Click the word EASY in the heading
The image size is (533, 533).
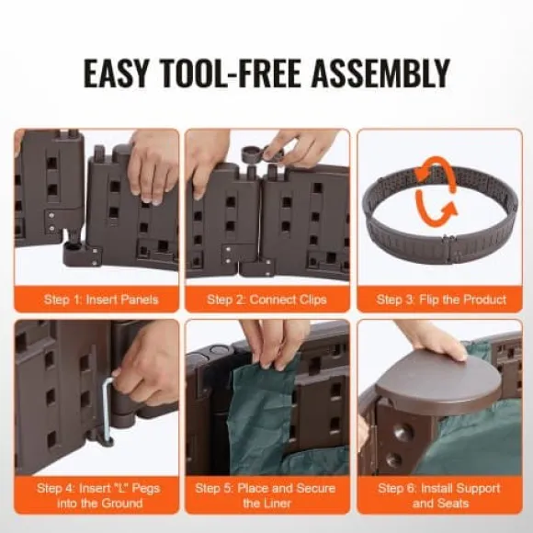click(117, 74)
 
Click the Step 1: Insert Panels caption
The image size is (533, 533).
click(101, 300)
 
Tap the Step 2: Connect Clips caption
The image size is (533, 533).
click(266, 300)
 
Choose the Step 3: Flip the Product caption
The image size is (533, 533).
click(441, 300)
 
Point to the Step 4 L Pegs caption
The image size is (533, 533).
click(98, 495)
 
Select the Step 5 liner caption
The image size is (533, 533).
click(266, 495)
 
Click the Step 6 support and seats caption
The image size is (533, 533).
click(439, 495)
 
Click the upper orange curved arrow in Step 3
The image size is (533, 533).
click(435, 171)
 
